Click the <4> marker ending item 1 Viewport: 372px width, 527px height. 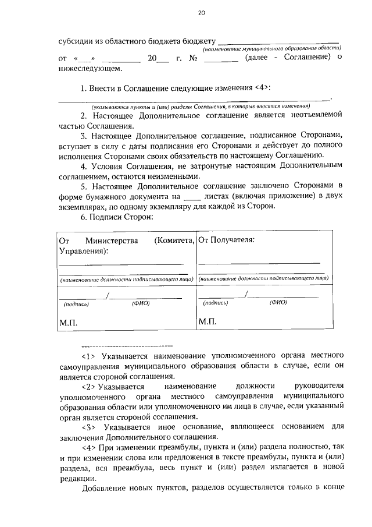point(263,88)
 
